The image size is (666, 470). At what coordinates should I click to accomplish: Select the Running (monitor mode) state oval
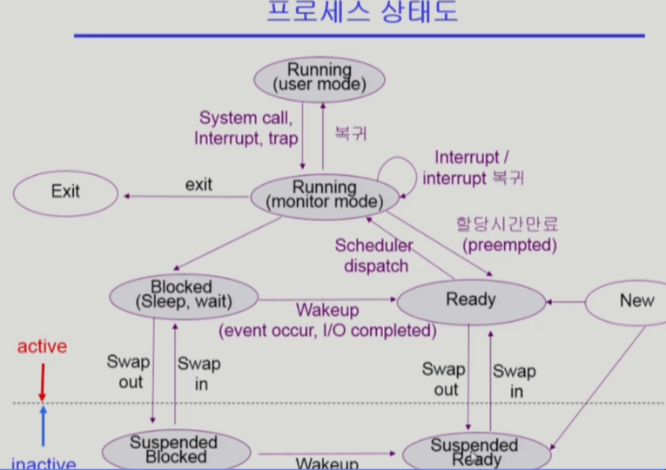pos(324,195)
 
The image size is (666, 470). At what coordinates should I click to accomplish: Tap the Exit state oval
pos(65,191)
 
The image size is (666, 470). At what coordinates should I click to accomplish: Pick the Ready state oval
pos(470,300)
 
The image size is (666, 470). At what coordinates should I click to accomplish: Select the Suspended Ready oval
pos(475,451)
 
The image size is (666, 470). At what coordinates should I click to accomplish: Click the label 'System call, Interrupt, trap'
pos(246,128)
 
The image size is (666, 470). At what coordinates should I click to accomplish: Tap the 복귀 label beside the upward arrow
pos(351,134)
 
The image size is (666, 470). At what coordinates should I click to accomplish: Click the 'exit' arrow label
pos(198,185)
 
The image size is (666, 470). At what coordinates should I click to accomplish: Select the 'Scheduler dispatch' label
pos(373,256)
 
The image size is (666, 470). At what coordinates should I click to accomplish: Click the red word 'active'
pos(42,346)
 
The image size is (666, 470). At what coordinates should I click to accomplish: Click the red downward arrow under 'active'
pos(41,381)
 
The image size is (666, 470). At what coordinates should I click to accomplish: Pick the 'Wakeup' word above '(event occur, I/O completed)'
pos(327,311)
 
